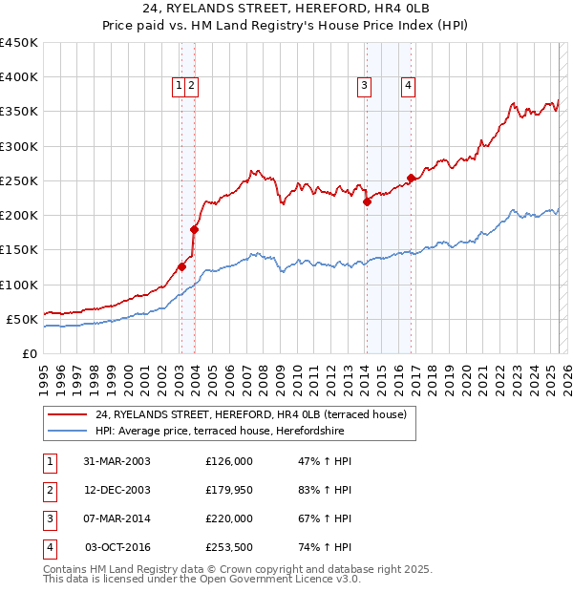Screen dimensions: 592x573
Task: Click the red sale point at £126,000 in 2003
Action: (181, 266)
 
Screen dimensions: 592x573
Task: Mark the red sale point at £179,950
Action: (194, 229)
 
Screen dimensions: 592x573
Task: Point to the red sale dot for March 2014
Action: (367, 201)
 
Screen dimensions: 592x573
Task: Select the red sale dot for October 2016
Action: (411, 178)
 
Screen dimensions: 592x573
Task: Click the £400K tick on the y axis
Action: (19, 77)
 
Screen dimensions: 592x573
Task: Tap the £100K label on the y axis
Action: (19, 285)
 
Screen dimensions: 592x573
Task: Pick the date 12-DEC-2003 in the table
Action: (117, 490)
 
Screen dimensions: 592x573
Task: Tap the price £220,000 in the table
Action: (229, 518)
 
